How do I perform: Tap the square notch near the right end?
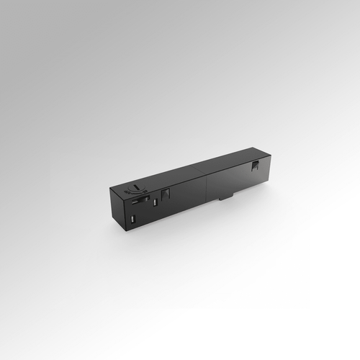click(254, 166)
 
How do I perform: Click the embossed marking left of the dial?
click(127, 192)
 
